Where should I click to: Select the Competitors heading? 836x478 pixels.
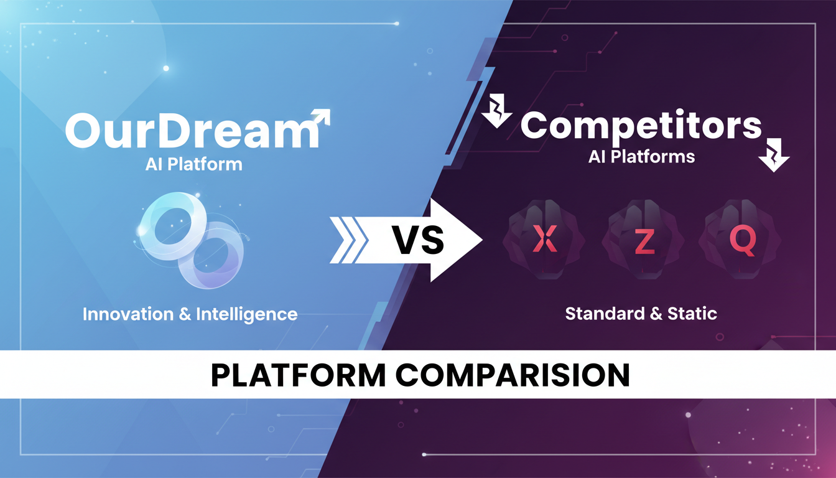tap(641, 126)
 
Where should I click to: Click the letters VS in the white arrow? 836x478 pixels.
tap(418, 239)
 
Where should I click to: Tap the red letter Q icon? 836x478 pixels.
tap(742, 240)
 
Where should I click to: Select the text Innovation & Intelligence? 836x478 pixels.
tap(190, 313)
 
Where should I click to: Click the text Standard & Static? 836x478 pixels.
tap(641, 313)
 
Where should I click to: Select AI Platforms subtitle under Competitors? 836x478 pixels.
tap(641, 156)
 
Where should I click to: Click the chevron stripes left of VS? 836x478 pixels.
tap(349, 240)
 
